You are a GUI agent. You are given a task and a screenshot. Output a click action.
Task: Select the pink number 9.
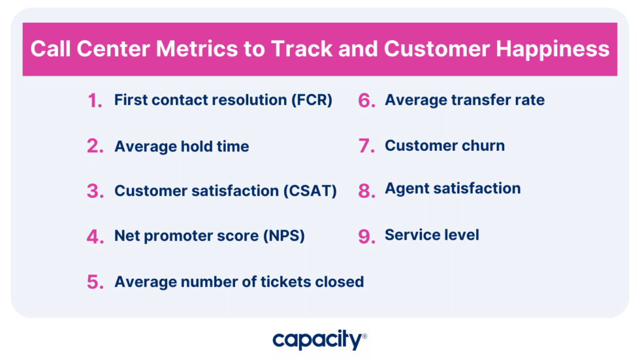click(x=366, y=237)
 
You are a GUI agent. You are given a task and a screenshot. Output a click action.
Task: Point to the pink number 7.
click(x=366, y=146)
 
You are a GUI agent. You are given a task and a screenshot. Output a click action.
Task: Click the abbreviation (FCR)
click(x=310, y=101)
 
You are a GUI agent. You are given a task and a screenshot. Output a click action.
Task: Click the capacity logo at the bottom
click(x=319, y=340)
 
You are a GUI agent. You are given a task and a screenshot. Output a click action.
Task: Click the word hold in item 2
click(x=195, y=146)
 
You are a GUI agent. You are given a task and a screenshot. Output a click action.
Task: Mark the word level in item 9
click(x=462, y=235)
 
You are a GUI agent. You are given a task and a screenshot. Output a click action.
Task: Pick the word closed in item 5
click(x=340, y=282)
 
